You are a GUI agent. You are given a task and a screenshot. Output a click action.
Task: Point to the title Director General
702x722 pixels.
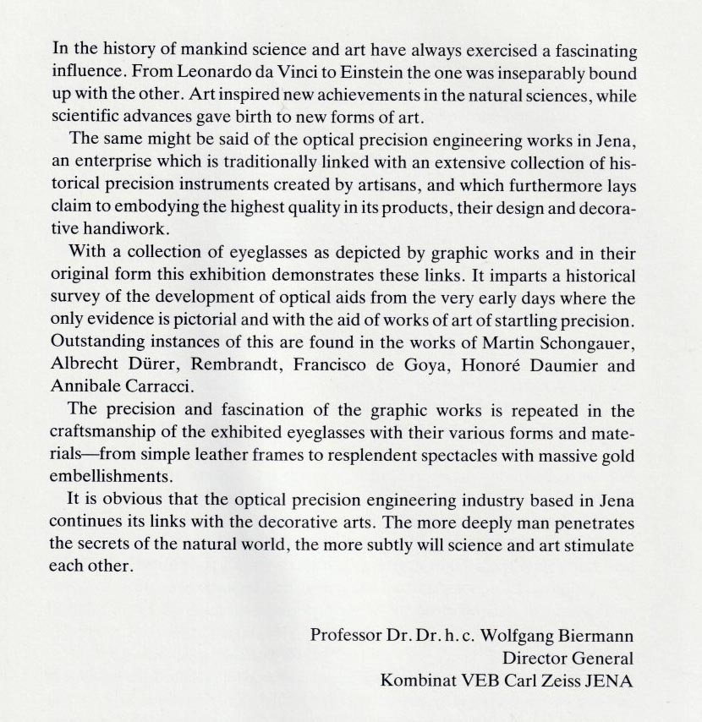(x=568, y=657)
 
